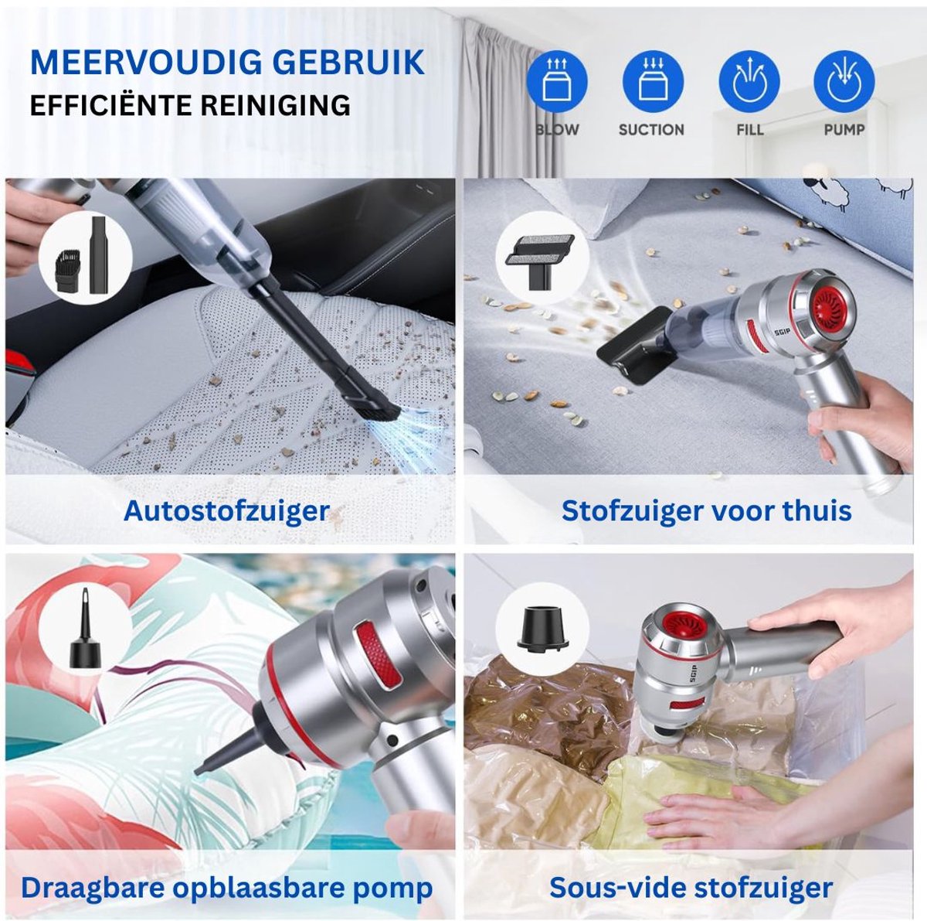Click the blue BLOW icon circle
point(557,82)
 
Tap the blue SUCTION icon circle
point(653,82)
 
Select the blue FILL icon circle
point(749,82)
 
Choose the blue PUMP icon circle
point(844,82)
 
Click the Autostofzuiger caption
point(226,511)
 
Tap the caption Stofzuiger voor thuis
point(706,511)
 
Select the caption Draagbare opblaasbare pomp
point(226,888)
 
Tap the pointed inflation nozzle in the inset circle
point(82,630)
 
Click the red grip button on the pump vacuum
point(378,654)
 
